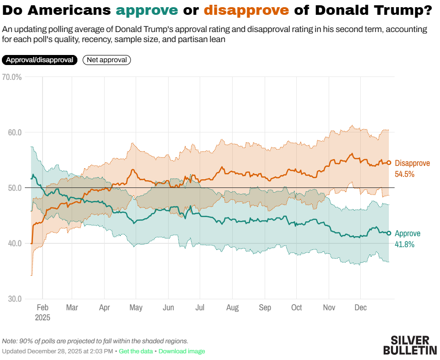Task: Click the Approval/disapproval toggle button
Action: pyautogui.click(x=40, y=60)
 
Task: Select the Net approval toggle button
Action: pyautogui.click(x=107, y=60)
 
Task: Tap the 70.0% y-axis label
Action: pyautogui.click(x=12, y=76)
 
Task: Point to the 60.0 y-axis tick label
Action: pyautogui.click(x=14, y=132)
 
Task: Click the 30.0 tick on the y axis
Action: pyautogui.click(x=14, y=299)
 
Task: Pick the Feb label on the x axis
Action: pyautogui.click(x=43, y=308)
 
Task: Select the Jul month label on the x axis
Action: pyautogui.click(x=200, y=308)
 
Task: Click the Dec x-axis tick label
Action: pyautogui.click(x=361, y=308)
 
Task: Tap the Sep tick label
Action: pyautogui.click(x=265, y=308)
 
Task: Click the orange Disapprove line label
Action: pyautogui.click(x=412, y=164)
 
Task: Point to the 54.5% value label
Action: pyautogui.click(x=405, y=174)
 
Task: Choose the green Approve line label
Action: pyautogui.click(x=408, y=234)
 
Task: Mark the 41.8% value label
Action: pyautogui.click(x=405, y=244)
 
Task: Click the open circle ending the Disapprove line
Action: pyautogui.click(x=389, y=163)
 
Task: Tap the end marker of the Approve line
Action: pyautogui.click(x=389, y=233)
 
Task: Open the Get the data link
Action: pyautogui.click(x=136, y=351)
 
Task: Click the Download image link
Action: pyautogui.click(x=182, y=351)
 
